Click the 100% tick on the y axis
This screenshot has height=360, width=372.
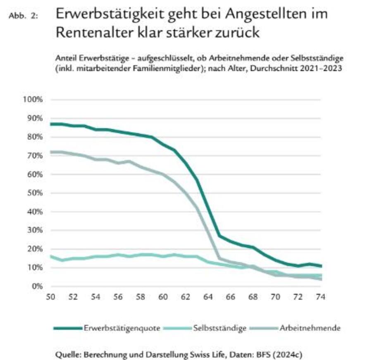(32, 99)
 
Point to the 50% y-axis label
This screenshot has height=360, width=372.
(33, 193)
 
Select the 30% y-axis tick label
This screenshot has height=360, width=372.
(33, 230)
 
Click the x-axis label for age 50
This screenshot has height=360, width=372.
(50, 297)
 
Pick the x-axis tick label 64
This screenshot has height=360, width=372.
(208, 297)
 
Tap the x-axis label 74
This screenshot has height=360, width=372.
(320, 297)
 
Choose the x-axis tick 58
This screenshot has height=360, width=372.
(141, 297)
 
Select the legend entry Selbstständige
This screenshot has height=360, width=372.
(219, 328)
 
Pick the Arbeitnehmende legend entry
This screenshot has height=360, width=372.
(310, 328)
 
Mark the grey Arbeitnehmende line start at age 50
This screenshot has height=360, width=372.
(51, 152)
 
